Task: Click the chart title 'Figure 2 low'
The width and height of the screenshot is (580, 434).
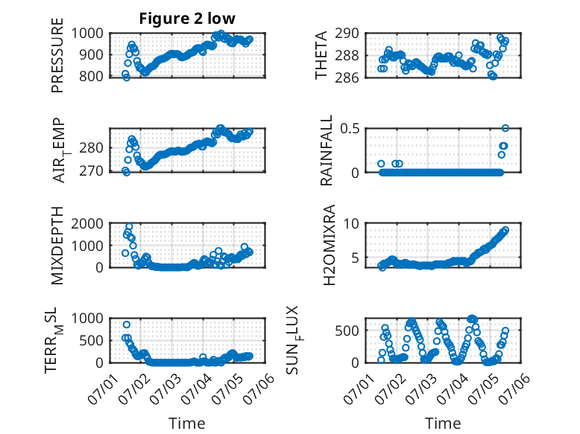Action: click(x=187, y=19)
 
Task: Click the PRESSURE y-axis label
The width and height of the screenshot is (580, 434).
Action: click(x=57, y=55)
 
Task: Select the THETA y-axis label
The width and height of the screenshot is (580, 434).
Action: click(x=321, y=55)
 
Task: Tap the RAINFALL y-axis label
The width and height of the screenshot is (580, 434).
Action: click(x=327, y=150)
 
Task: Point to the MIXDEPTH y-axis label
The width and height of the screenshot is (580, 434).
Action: click(x=57, y=246)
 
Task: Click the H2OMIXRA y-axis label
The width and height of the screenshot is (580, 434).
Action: click(x=329, y=245)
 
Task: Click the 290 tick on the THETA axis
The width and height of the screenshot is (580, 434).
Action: click(x=347, y=33)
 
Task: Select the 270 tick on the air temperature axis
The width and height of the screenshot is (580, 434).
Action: click(x=91, y=171)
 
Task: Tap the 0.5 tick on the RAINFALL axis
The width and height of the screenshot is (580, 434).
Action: click(x=350, y=129)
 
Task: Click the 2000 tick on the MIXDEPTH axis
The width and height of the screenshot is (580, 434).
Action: click(x=87, y=223)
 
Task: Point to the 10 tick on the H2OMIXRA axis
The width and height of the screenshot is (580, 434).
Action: click(x=351, y=223)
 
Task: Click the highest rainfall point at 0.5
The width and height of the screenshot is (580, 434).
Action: click(x=505, y=128)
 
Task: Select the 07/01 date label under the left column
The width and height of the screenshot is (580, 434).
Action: click(x=101, y=388)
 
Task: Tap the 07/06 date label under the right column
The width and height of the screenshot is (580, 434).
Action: click(x=517, y=388)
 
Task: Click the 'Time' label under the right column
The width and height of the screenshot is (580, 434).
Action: click(x=443, y=423)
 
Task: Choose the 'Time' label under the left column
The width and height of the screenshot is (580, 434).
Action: click(x=187, y=423)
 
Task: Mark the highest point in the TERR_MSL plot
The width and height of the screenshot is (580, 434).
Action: click(x=127, y=325)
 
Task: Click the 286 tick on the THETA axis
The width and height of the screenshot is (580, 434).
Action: click(x=347, y=77)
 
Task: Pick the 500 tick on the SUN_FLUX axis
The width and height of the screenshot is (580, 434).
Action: click(x=347, y=331)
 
